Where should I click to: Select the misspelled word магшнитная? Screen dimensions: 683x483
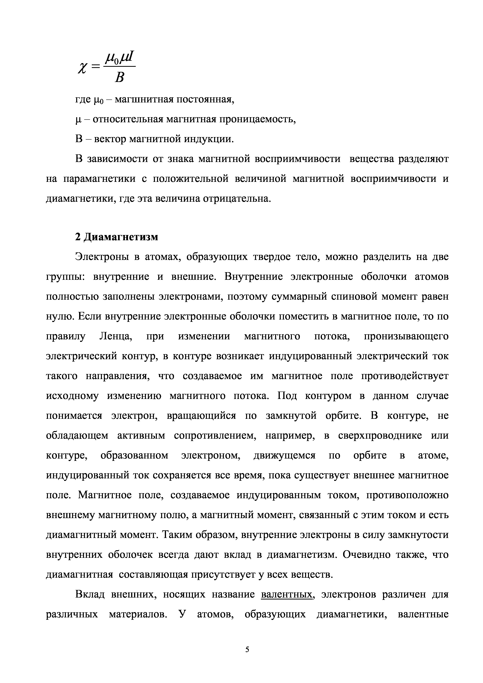tap(144, 99)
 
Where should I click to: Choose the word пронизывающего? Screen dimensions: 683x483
tap(406, 336)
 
